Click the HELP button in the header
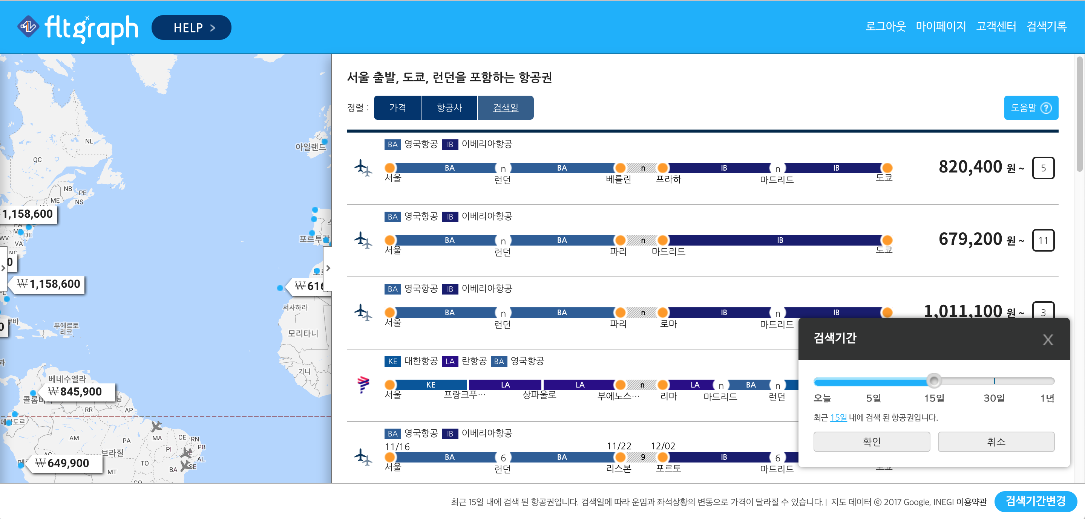[x=191, y=28]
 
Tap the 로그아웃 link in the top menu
[x=885, y=26]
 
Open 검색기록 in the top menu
[x=1046, y=26]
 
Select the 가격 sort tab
[x=397, y=108]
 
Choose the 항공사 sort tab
[x=449, y=108]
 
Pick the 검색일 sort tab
[x=506, y=108]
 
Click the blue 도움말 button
[x=1031, y=108]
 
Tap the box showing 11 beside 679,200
[x=1043, y=240]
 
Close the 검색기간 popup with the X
[x=1048, y=340]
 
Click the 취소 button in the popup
[x=996, y=441]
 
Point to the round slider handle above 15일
[x=934, y=380]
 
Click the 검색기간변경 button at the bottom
[x=1035, y=501]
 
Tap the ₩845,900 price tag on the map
[x=75, y=391]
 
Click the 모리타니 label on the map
[x=302, y=333]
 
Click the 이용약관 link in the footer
[x=971, y=502]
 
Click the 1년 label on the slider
[x=1047, y=398]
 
